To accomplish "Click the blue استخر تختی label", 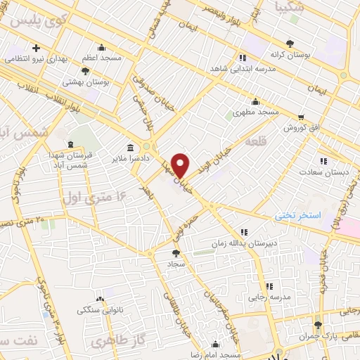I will click(296, 216).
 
